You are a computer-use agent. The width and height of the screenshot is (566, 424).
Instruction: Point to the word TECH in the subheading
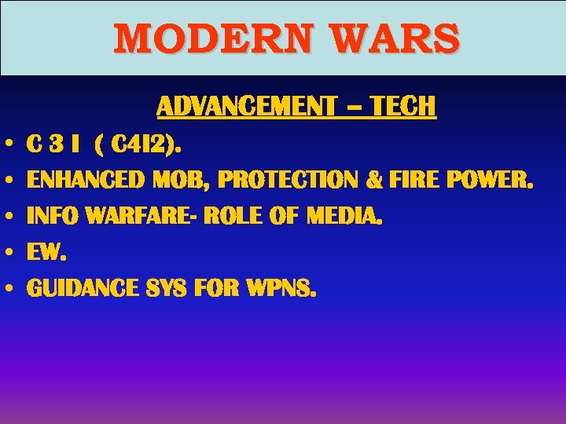[402, 106]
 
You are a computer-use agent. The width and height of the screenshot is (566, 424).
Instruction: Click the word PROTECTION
[289, 181]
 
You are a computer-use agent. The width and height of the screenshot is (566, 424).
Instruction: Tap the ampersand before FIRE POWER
[374, 181]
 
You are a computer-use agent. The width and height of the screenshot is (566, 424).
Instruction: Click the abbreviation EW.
[45, 253]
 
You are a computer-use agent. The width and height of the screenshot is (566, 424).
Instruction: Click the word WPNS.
[281, 289]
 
